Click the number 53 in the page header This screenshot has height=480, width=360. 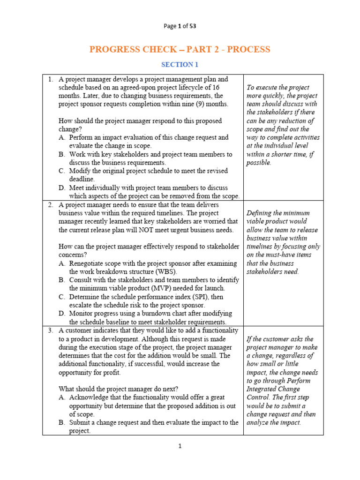(193, 26)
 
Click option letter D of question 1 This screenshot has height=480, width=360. (62, 187)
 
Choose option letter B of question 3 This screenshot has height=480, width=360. (62, 422)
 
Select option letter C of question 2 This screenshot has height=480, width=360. (62, 296)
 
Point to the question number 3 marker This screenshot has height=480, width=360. (51, 330)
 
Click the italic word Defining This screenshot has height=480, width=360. (260, 213)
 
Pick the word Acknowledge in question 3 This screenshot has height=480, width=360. (89, 397)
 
